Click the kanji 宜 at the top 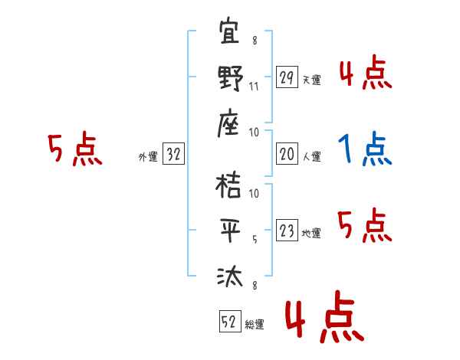tap(230, 35)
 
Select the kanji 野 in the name tap(230, 79)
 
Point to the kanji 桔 tap(230, 186)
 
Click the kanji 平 tap(230, 231)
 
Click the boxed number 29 tap(287, 78)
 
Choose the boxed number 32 tap(173, 155)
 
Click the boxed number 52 tap(229, 322)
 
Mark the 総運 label tap(255, 324)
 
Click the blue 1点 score tap(365, 149)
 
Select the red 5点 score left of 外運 tap(74, 149)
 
